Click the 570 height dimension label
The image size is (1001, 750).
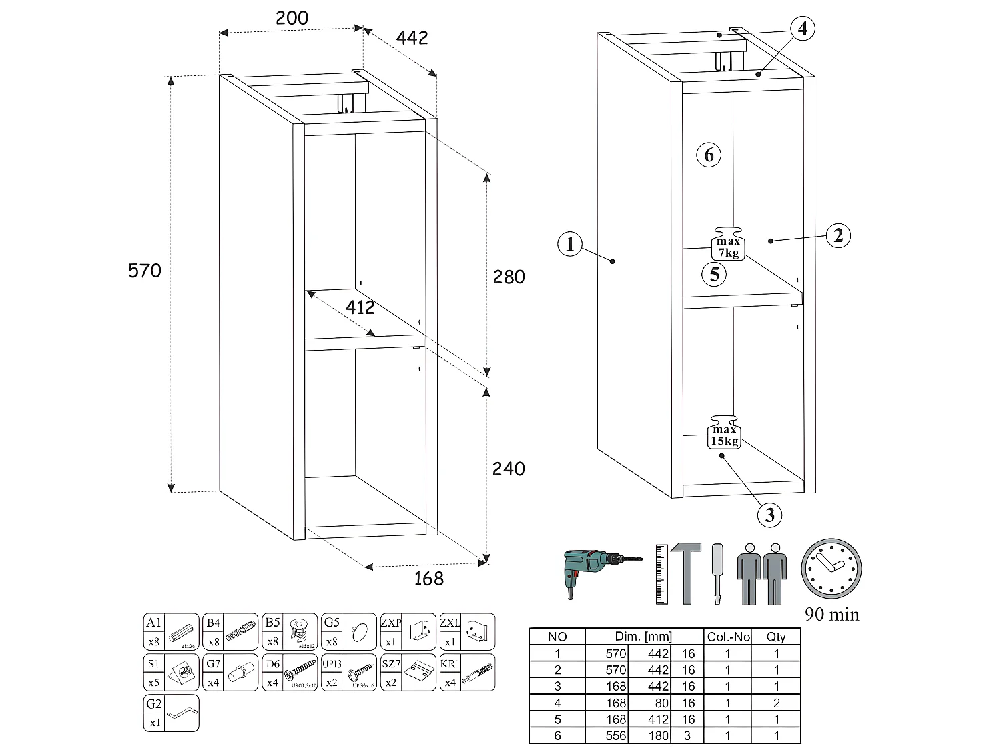[x=145, y=271]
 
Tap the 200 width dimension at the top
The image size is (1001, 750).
[x=292, y=18]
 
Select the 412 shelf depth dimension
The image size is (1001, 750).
[x=360, y=307]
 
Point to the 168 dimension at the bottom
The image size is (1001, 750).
[x=428, y=578]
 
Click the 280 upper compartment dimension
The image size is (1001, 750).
[x=509, y=277]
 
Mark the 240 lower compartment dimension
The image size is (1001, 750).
[x=509, y=469]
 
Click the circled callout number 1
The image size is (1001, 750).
[x=569, y=244]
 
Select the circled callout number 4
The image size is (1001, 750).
[x=803, y=28]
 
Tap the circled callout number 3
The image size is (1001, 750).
[x=770, y=515]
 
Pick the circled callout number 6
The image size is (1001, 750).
[x=709, y=155]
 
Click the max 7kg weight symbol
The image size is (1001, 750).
[x=728, y=243]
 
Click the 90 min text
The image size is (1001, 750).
[x=831, y=615]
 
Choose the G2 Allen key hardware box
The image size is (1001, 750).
[x=172, y=713]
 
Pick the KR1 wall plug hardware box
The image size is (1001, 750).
[x=467, y=672]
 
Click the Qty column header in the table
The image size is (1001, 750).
[x=776, y=637]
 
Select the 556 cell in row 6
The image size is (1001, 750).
[x=615, y=735]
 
